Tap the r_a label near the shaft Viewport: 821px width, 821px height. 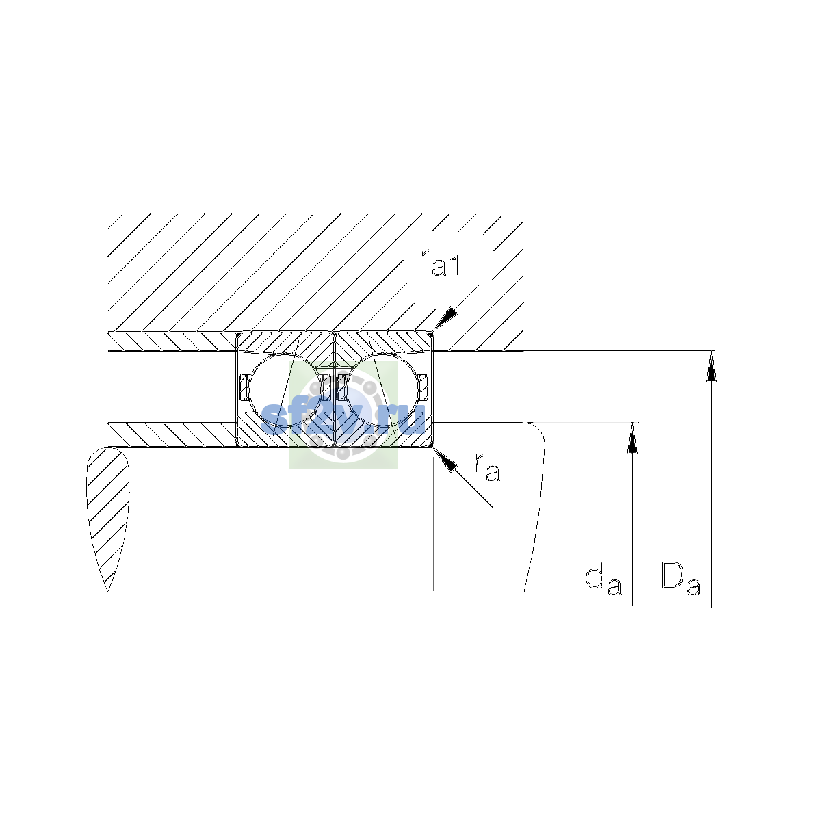486,468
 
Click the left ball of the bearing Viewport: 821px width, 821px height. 285,390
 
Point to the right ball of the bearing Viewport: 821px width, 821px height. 383,390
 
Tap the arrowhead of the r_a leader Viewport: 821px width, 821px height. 444,460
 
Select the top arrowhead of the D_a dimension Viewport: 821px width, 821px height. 711,367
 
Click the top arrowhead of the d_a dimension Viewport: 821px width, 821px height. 633,438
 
